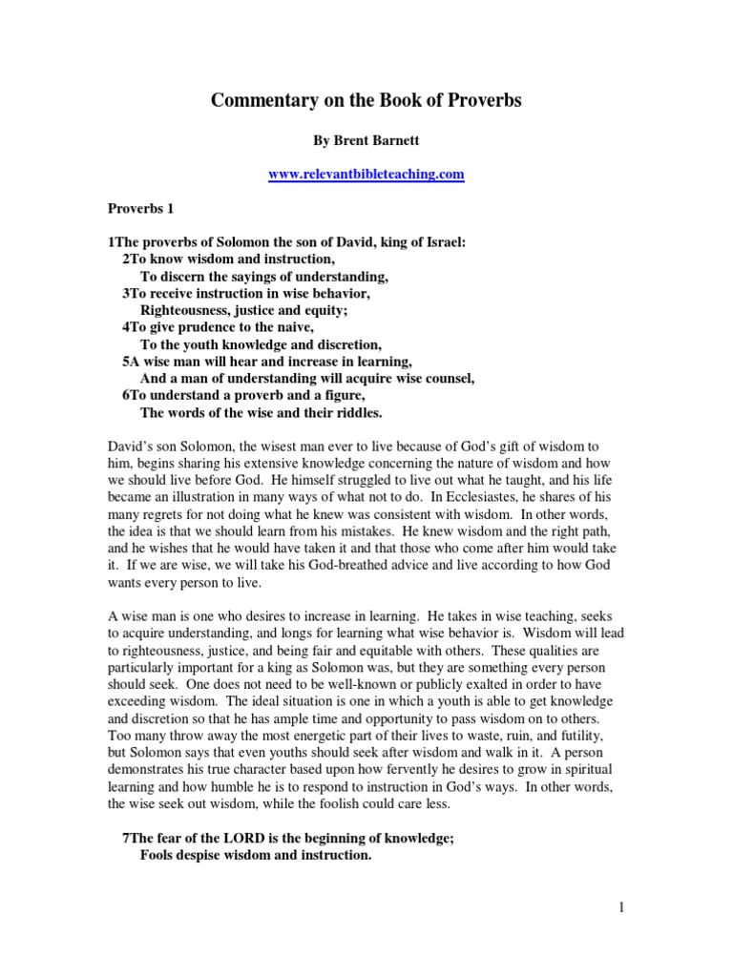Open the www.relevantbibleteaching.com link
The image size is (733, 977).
[366, 175]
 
